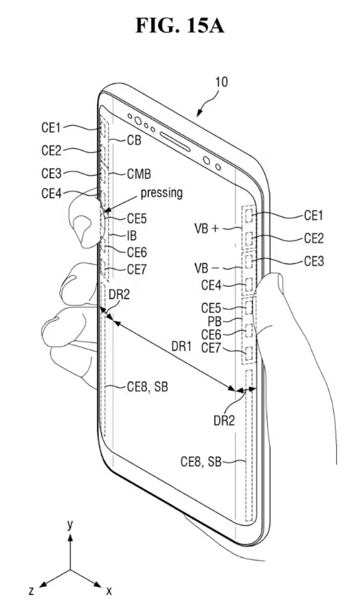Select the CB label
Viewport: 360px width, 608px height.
[134, 140]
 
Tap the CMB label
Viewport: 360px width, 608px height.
[139, 174]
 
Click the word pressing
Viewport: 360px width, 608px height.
[161, 193]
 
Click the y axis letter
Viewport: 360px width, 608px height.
[70, 525]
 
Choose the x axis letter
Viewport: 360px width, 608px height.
[109, 592]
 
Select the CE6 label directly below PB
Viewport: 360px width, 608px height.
[212, 334]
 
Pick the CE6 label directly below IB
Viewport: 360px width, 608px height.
[137, 253]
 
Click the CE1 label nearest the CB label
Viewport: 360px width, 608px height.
[51, 127]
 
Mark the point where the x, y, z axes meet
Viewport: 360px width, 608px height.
[70, 569]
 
